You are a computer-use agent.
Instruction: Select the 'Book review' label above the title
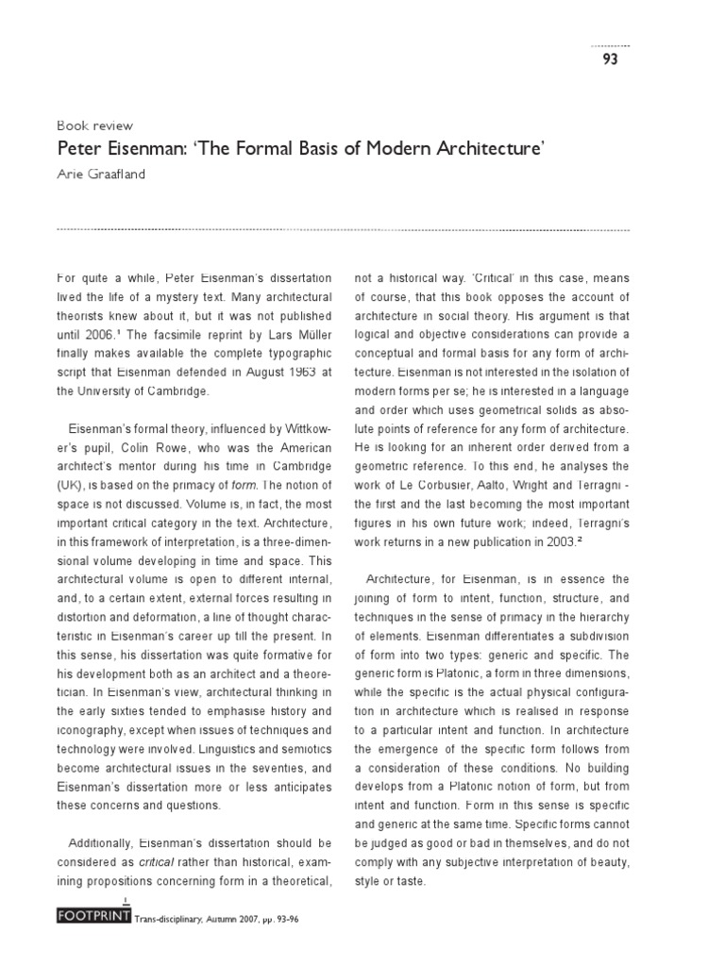[x=95, y=125]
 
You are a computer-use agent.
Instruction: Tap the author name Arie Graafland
[x=103, y=174]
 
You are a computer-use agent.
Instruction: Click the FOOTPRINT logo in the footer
[x=93, y=917]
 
